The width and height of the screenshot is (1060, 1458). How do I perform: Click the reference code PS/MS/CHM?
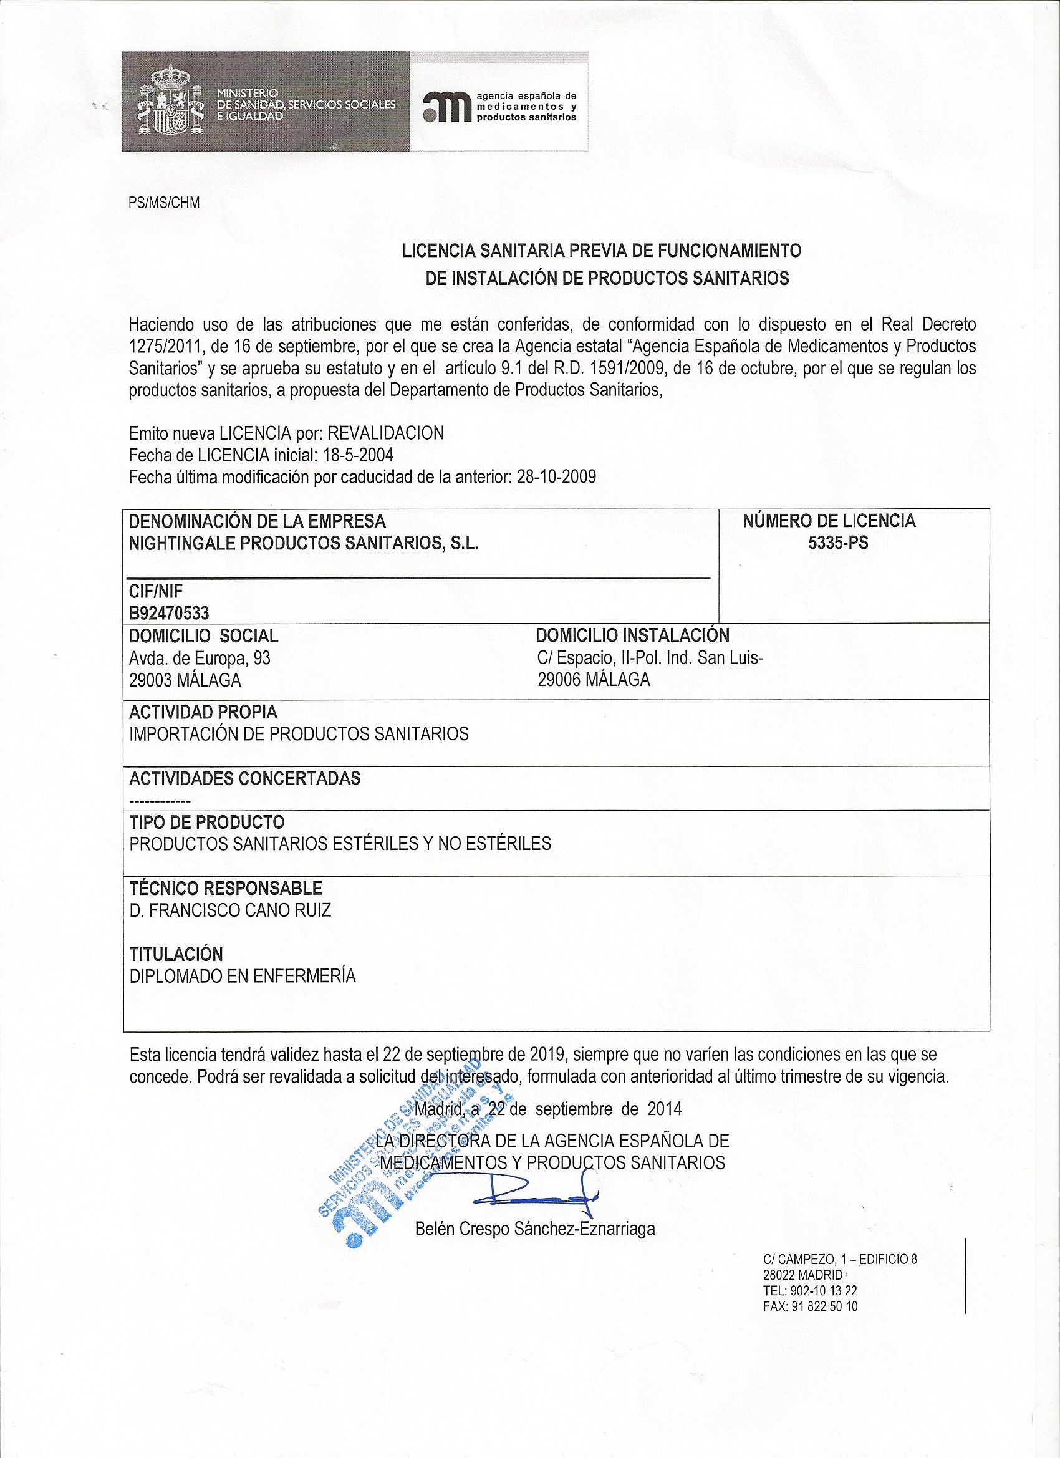(164, 203)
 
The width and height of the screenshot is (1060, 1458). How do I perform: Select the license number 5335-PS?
(838, 543)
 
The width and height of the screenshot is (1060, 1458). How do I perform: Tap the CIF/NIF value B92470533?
(169, 612)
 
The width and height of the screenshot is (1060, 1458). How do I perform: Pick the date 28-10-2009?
(556, 477)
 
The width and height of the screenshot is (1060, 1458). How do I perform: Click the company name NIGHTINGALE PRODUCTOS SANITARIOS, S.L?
(304, 543)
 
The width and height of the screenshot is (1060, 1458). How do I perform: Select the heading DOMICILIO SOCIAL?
(204, 636)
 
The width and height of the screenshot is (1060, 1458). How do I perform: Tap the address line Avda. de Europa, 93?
(200, 658)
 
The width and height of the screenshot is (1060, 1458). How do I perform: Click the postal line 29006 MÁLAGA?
(594, 680)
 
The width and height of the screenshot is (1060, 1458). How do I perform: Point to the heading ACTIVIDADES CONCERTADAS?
(245, 778)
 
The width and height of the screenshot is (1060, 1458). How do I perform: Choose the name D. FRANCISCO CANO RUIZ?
(230, 910)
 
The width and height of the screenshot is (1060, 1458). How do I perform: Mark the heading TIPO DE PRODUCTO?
(207, 822)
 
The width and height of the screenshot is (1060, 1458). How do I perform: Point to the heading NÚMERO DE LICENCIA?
(829, 521)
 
